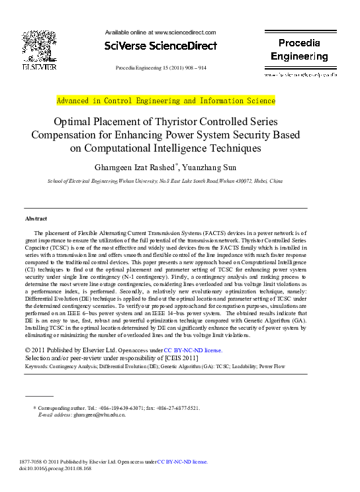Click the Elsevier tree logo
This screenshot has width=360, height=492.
39,46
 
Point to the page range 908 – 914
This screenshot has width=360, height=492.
191,68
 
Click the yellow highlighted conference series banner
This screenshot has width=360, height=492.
165,101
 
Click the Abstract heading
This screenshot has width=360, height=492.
36,219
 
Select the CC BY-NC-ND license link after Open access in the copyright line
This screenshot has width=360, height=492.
193,350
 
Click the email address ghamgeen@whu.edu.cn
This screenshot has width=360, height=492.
99,415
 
